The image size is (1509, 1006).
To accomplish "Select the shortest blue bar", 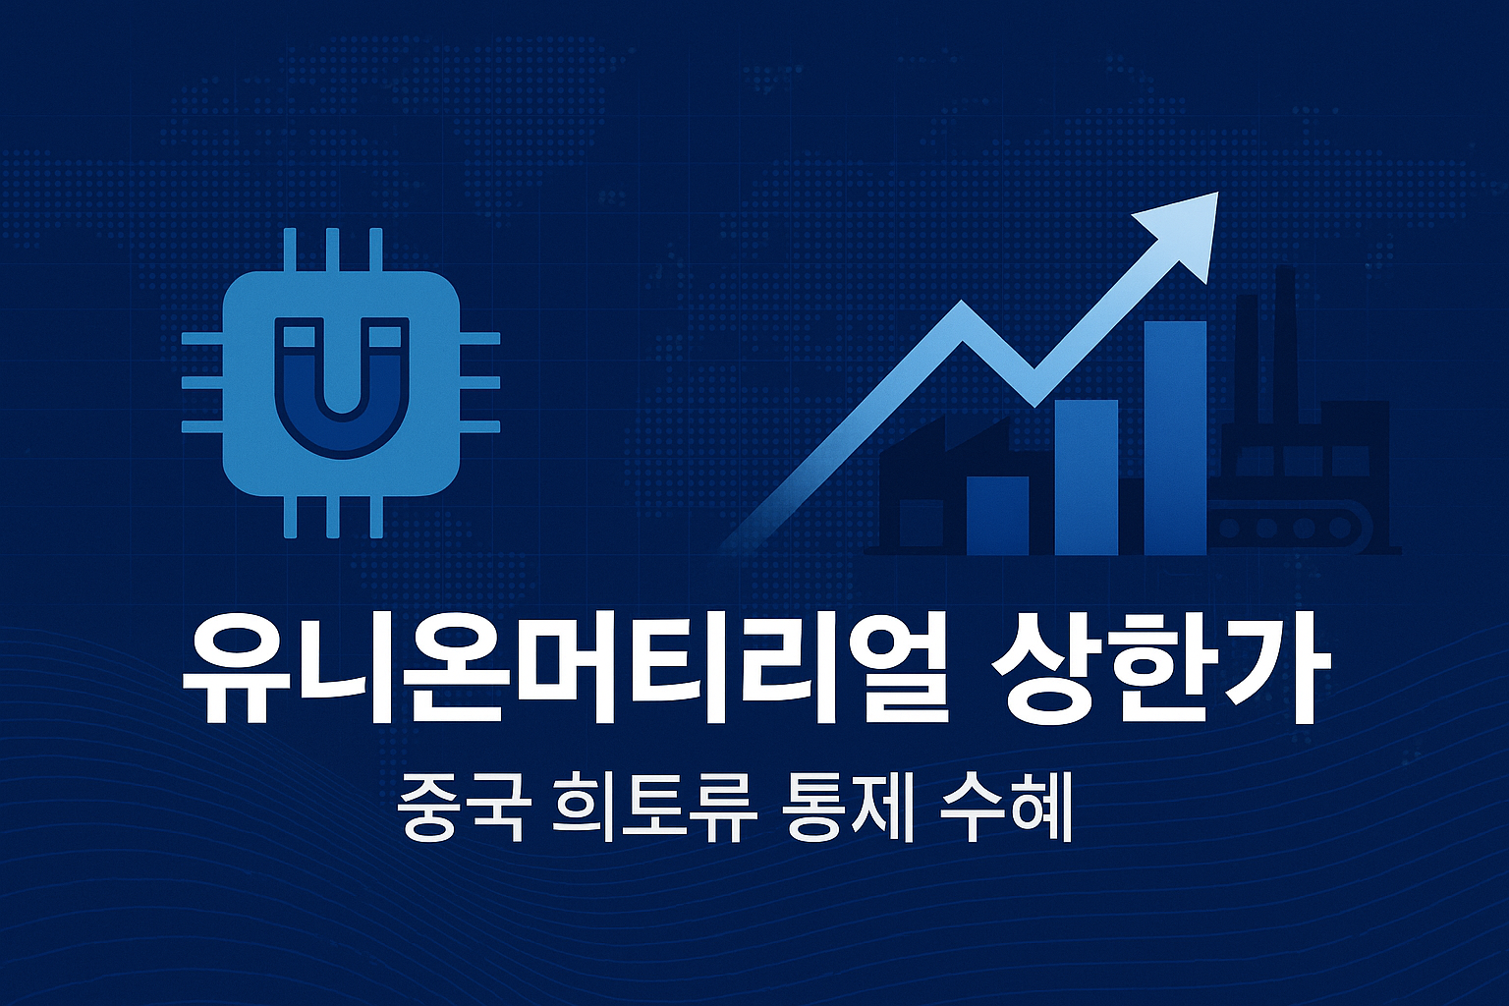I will tap(997, 516).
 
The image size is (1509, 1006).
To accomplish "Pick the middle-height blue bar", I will tap(1086, 476).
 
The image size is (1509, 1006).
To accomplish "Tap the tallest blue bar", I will tap(1175, 437).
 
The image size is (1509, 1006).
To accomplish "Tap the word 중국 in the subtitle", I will tap(460, 807).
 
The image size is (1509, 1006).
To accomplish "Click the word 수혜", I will tap(1004, 807).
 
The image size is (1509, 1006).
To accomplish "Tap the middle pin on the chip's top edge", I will tap(332, 250).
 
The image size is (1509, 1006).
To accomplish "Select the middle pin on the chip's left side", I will tap(203, 383).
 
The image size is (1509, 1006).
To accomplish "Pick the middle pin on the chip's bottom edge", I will tap(332, 516).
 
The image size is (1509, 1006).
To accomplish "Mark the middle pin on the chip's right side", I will tap(479, 383).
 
